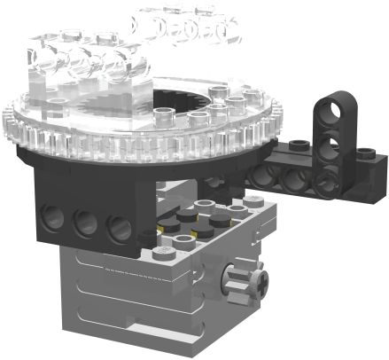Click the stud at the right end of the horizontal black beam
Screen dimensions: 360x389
pyautogui.click(x=373, y=158)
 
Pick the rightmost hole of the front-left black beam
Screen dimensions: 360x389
pyautogui.click(x=119, y=230)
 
